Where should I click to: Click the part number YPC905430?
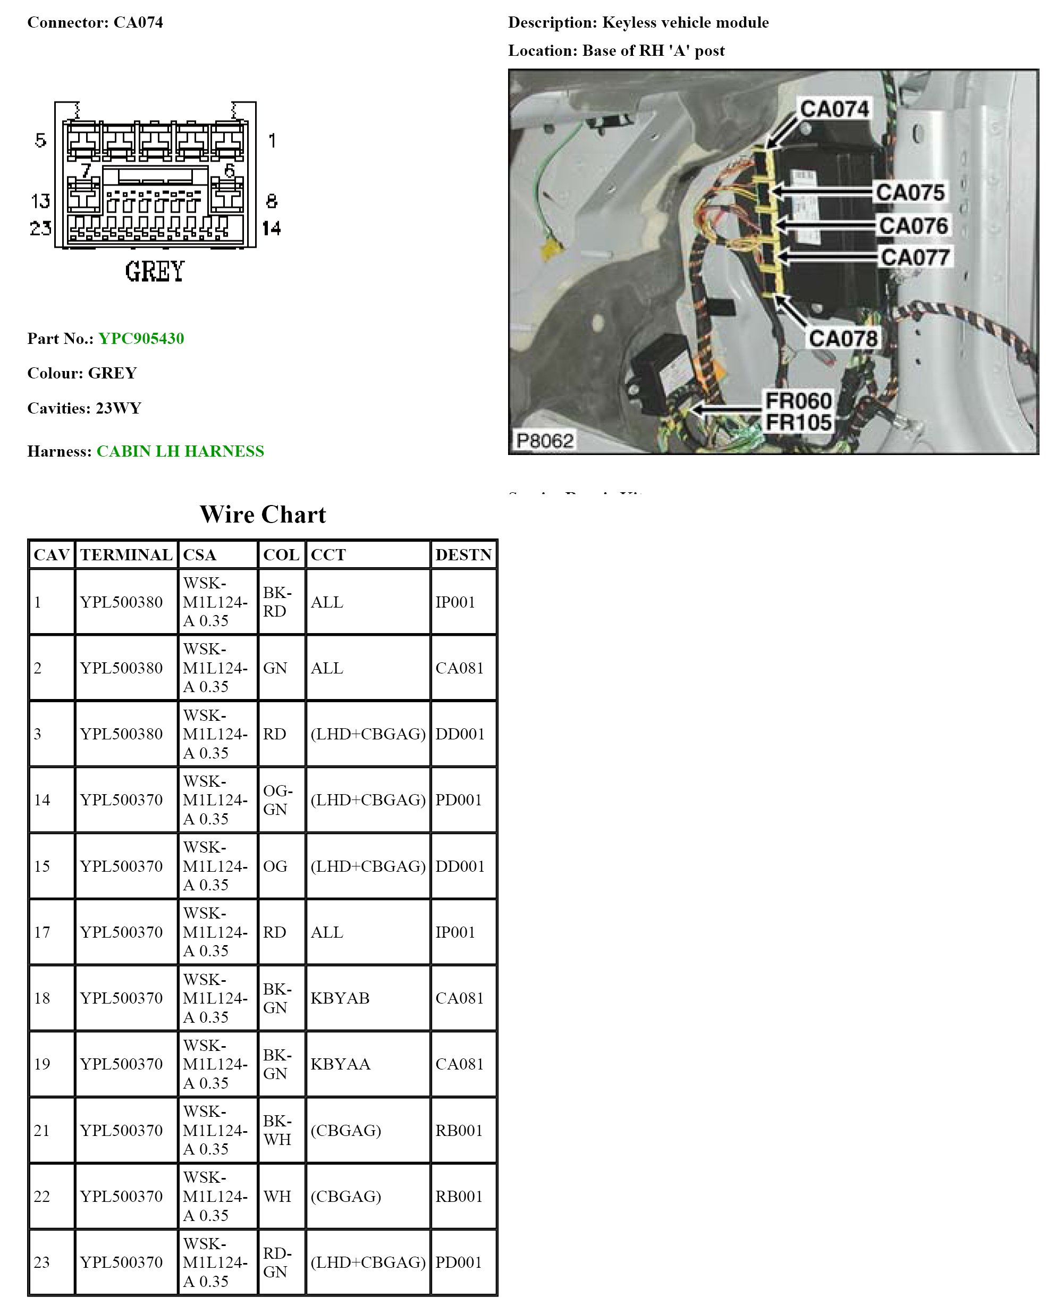141,339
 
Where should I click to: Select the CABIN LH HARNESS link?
180,451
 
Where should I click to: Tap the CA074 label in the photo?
834,109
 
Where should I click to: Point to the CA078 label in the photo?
843,338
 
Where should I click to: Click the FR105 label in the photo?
798,423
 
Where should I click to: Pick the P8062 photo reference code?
544,440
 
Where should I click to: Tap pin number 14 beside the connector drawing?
271,228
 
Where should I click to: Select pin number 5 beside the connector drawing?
40,140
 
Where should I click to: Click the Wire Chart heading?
263,515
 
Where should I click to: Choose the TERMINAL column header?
126,554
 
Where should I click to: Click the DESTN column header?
463,554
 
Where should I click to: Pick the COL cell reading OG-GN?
278,799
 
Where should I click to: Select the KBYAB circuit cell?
340,998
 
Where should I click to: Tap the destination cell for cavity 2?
459,668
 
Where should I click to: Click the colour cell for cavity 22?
277,1196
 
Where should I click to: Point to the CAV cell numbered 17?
42,932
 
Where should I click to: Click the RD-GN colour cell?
277,1262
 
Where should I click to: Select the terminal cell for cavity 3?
122,734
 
